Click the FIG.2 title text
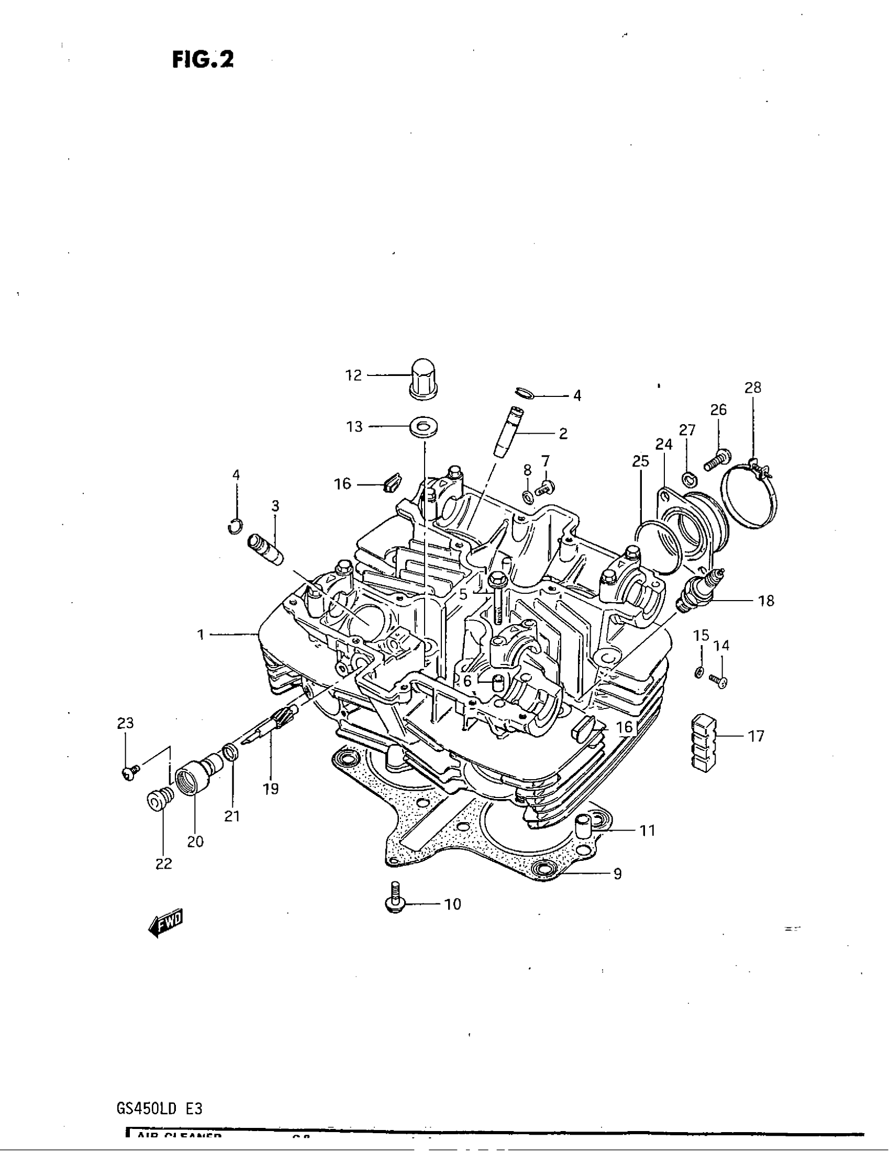pos(203,59)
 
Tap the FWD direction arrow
pos(165,923)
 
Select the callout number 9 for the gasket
pos(617,874)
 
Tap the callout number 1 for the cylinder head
pos(201,635)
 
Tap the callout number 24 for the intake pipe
pos(664,445)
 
